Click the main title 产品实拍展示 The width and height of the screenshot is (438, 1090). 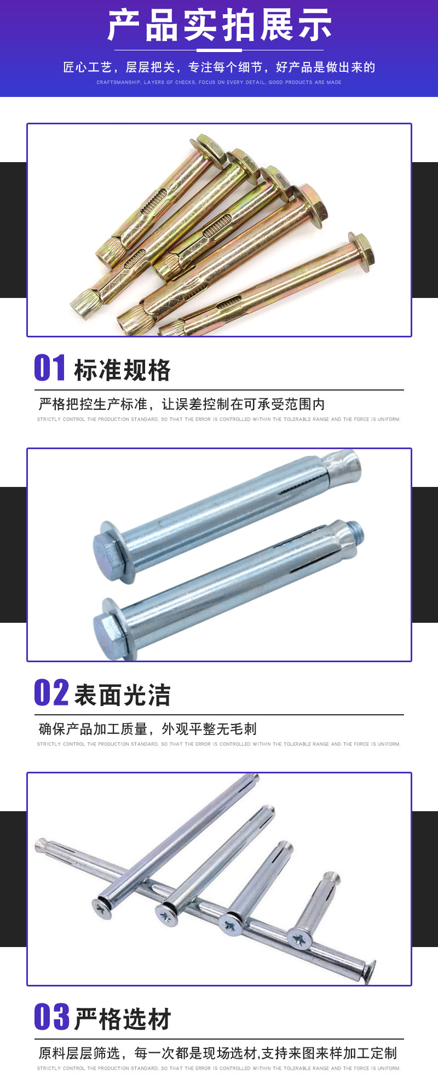(x=219, y=25)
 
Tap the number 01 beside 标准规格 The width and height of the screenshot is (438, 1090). (x=50, y=368)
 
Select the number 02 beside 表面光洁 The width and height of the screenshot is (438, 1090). (x=51, y=692)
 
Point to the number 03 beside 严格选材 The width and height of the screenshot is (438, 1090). (x=51, y=1017)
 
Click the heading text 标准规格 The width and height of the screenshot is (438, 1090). (x=122, y=370)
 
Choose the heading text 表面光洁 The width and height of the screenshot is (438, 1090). (x=122, y=695)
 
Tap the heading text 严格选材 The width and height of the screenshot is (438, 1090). (x=122, y=1019)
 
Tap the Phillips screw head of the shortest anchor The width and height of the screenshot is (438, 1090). (x=300, y=939)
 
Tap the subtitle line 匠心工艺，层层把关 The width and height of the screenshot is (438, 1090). (x=219, y=67)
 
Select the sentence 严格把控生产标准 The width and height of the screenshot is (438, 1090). (x=181, y=404)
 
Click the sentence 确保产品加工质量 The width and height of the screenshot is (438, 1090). (x=147, y=729)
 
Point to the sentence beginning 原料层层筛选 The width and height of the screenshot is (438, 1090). (x=217, y=1053)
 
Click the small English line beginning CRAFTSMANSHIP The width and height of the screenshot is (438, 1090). (x=219, y=83)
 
